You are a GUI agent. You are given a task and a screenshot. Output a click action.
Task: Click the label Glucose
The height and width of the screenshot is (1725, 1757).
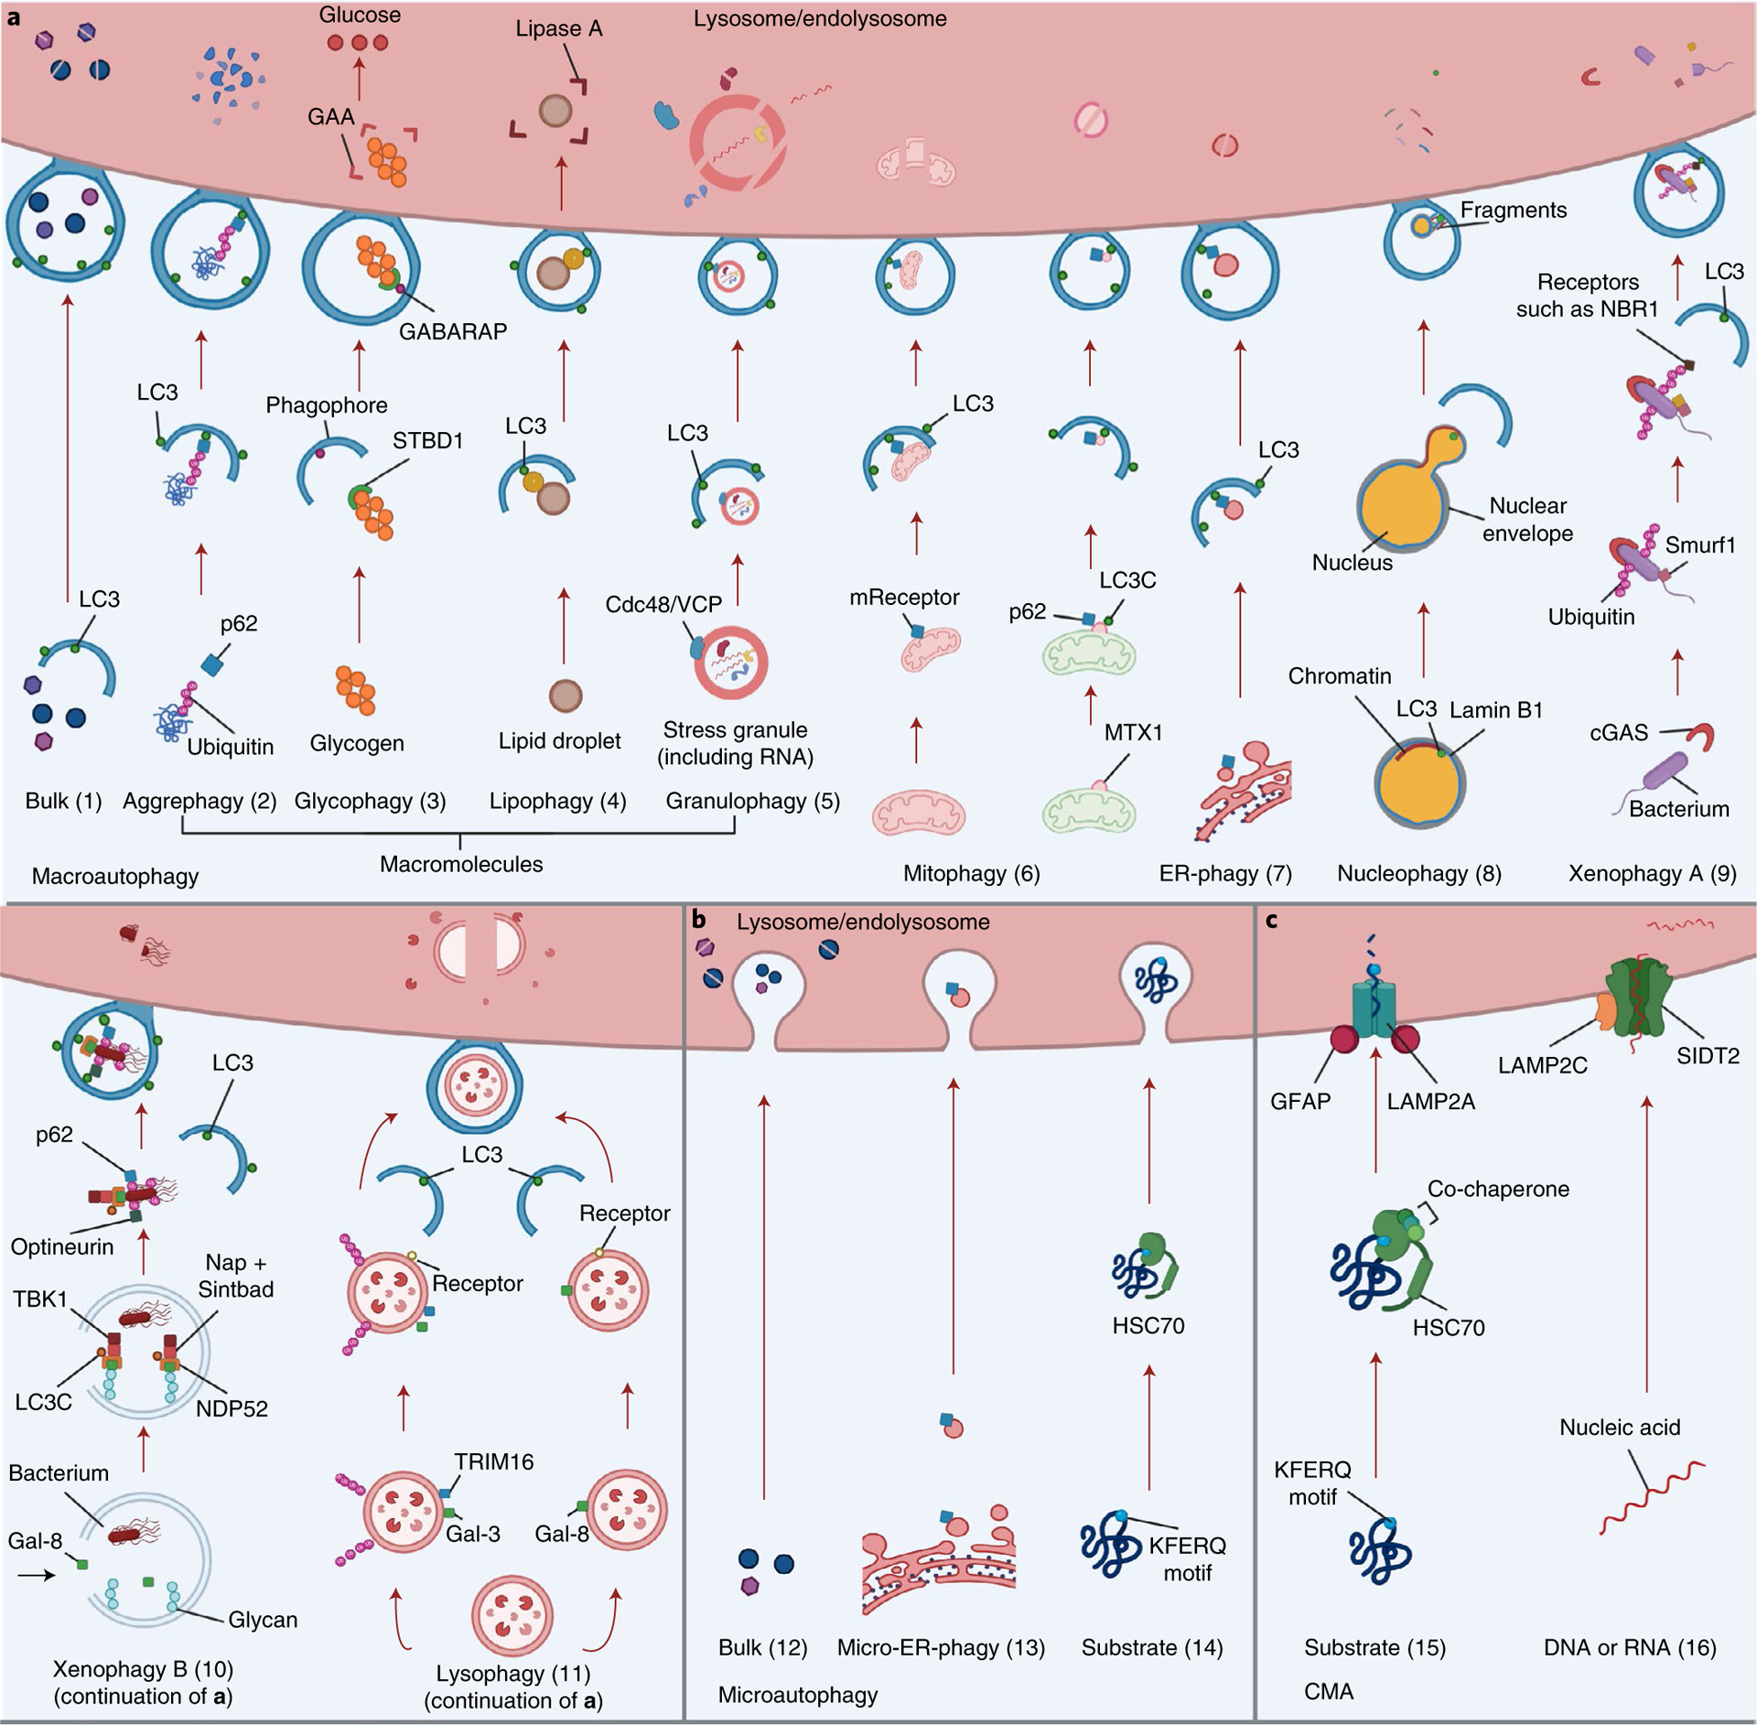coord(360,15)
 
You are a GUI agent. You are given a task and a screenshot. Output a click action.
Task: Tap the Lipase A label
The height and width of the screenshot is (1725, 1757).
coord(559,28)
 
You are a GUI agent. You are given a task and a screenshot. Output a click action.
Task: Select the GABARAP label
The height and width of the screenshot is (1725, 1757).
coord(453,331)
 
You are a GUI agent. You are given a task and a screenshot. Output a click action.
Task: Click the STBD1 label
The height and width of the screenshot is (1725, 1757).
coord(428,440)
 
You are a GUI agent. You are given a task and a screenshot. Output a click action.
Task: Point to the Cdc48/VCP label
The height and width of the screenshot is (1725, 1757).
coord(663,604)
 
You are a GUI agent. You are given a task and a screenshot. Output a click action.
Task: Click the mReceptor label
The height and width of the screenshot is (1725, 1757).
coord(904,597)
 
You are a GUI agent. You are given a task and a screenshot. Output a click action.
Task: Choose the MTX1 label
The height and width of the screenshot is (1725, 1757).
coord(1133,732)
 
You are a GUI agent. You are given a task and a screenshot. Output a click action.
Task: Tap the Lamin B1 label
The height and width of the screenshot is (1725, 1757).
coord(1496,709)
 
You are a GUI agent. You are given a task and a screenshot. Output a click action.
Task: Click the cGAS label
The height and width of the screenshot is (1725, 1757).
coord(1619,732)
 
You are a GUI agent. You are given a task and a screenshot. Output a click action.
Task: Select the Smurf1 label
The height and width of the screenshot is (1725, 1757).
coord(1700,545)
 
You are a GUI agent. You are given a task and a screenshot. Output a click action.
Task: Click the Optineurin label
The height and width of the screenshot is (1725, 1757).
coord(62,1246)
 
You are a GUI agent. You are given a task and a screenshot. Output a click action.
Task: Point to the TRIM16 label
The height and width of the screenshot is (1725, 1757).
coord(494,1461)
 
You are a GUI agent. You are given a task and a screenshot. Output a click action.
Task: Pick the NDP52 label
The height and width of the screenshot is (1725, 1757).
coord(232,1408)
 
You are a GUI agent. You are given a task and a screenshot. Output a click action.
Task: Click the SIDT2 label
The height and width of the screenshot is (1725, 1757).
coord(1708,1055)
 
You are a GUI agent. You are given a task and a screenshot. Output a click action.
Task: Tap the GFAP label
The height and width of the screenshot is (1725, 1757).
coord(1300,1101)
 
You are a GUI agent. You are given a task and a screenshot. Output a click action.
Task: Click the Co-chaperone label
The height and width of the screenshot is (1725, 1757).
coord(1498,1189)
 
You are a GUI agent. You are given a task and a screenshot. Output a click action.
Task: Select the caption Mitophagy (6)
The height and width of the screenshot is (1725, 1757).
coord(972,873)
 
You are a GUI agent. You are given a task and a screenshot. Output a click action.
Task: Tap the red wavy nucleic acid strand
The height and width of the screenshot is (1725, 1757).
coord(1653,1496)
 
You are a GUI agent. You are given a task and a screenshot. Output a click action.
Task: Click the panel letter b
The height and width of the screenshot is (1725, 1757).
coord(699,918)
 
